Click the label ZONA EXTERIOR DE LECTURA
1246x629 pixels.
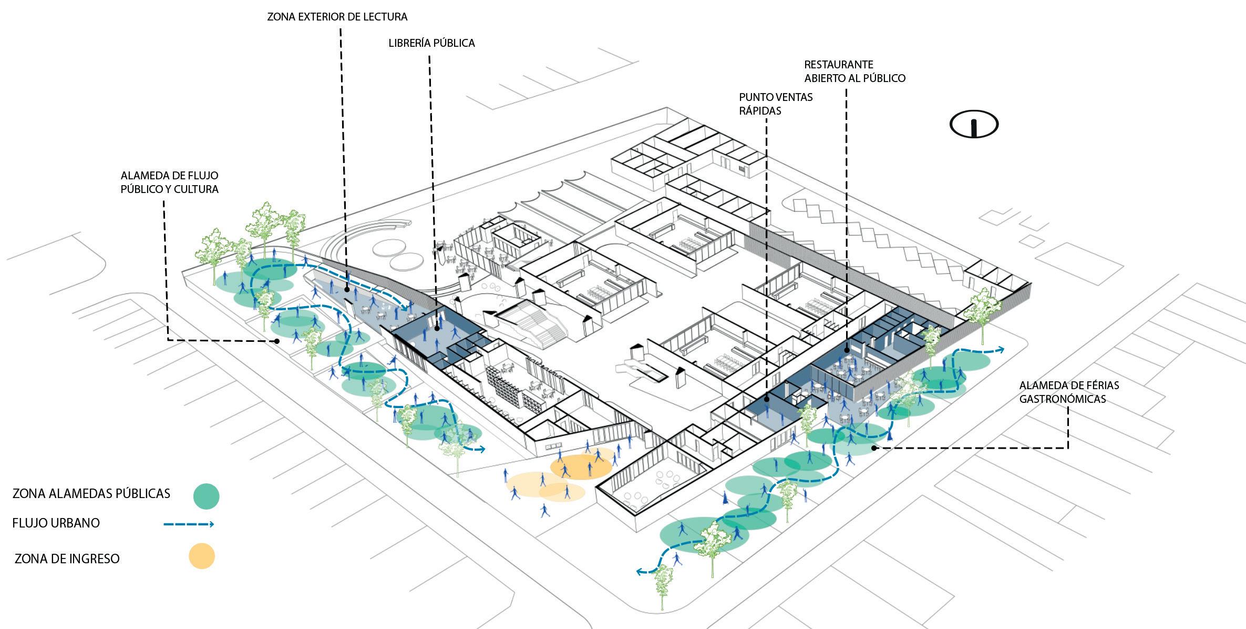[x=337, y=17]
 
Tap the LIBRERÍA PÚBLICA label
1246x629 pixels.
[x=431, y=44]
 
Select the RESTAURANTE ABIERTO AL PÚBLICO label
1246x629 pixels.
[x=854, y=72]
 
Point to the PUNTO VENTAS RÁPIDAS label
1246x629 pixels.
[x=775, y=104]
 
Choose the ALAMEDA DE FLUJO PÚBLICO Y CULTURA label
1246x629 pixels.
[x=169, y=182]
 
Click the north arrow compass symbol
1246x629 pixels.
[x=974, y=125]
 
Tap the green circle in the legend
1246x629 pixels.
[x=205, y=496]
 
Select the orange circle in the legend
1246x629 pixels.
[x=202, y=556]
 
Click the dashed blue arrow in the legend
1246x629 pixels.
[x=188, y=524]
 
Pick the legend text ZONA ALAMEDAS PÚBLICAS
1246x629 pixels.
[x=91, y=494]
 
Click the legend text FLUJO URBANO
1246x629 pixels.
[x=56, y=523]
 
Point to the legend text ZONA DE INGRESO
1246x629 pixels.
[x=67, y=559]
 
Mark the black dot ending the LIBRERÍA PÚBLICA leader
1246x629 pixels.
[x=437, y=329]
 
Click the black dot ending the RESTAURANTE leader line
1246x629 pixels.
[x=847, y=350]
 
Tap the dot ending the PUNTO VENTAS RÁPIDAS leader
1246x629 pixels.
[x=767, y=400]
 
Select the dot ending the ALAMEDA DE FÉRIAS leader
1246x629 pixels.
[x=873, y=448]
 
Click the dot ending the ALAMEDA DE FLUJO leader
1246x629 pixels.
[x=277, y=341]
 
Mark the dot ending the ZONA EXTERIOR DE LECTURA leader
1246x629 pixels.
[x=347, y=289]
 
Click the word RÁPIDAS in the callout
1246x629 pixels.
[x=760, y=111]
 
